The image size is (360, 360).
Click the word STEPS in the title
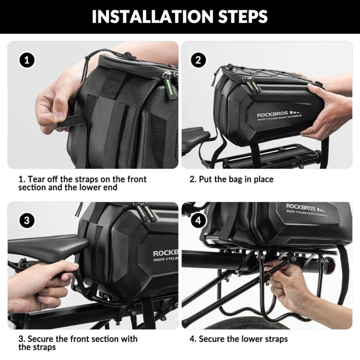243,16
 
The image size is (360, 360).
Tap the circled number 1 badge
27,60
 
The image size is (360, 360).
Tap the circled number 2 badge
199,60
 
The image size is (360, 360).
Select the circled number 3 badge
27,221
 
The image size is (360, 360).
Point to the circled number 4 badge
199,221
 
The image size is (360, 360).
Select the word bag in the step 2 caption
236,179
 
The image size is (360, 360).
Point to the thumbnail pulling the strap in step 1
60,115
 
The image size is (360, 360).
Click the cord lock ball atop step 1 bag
127,56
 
